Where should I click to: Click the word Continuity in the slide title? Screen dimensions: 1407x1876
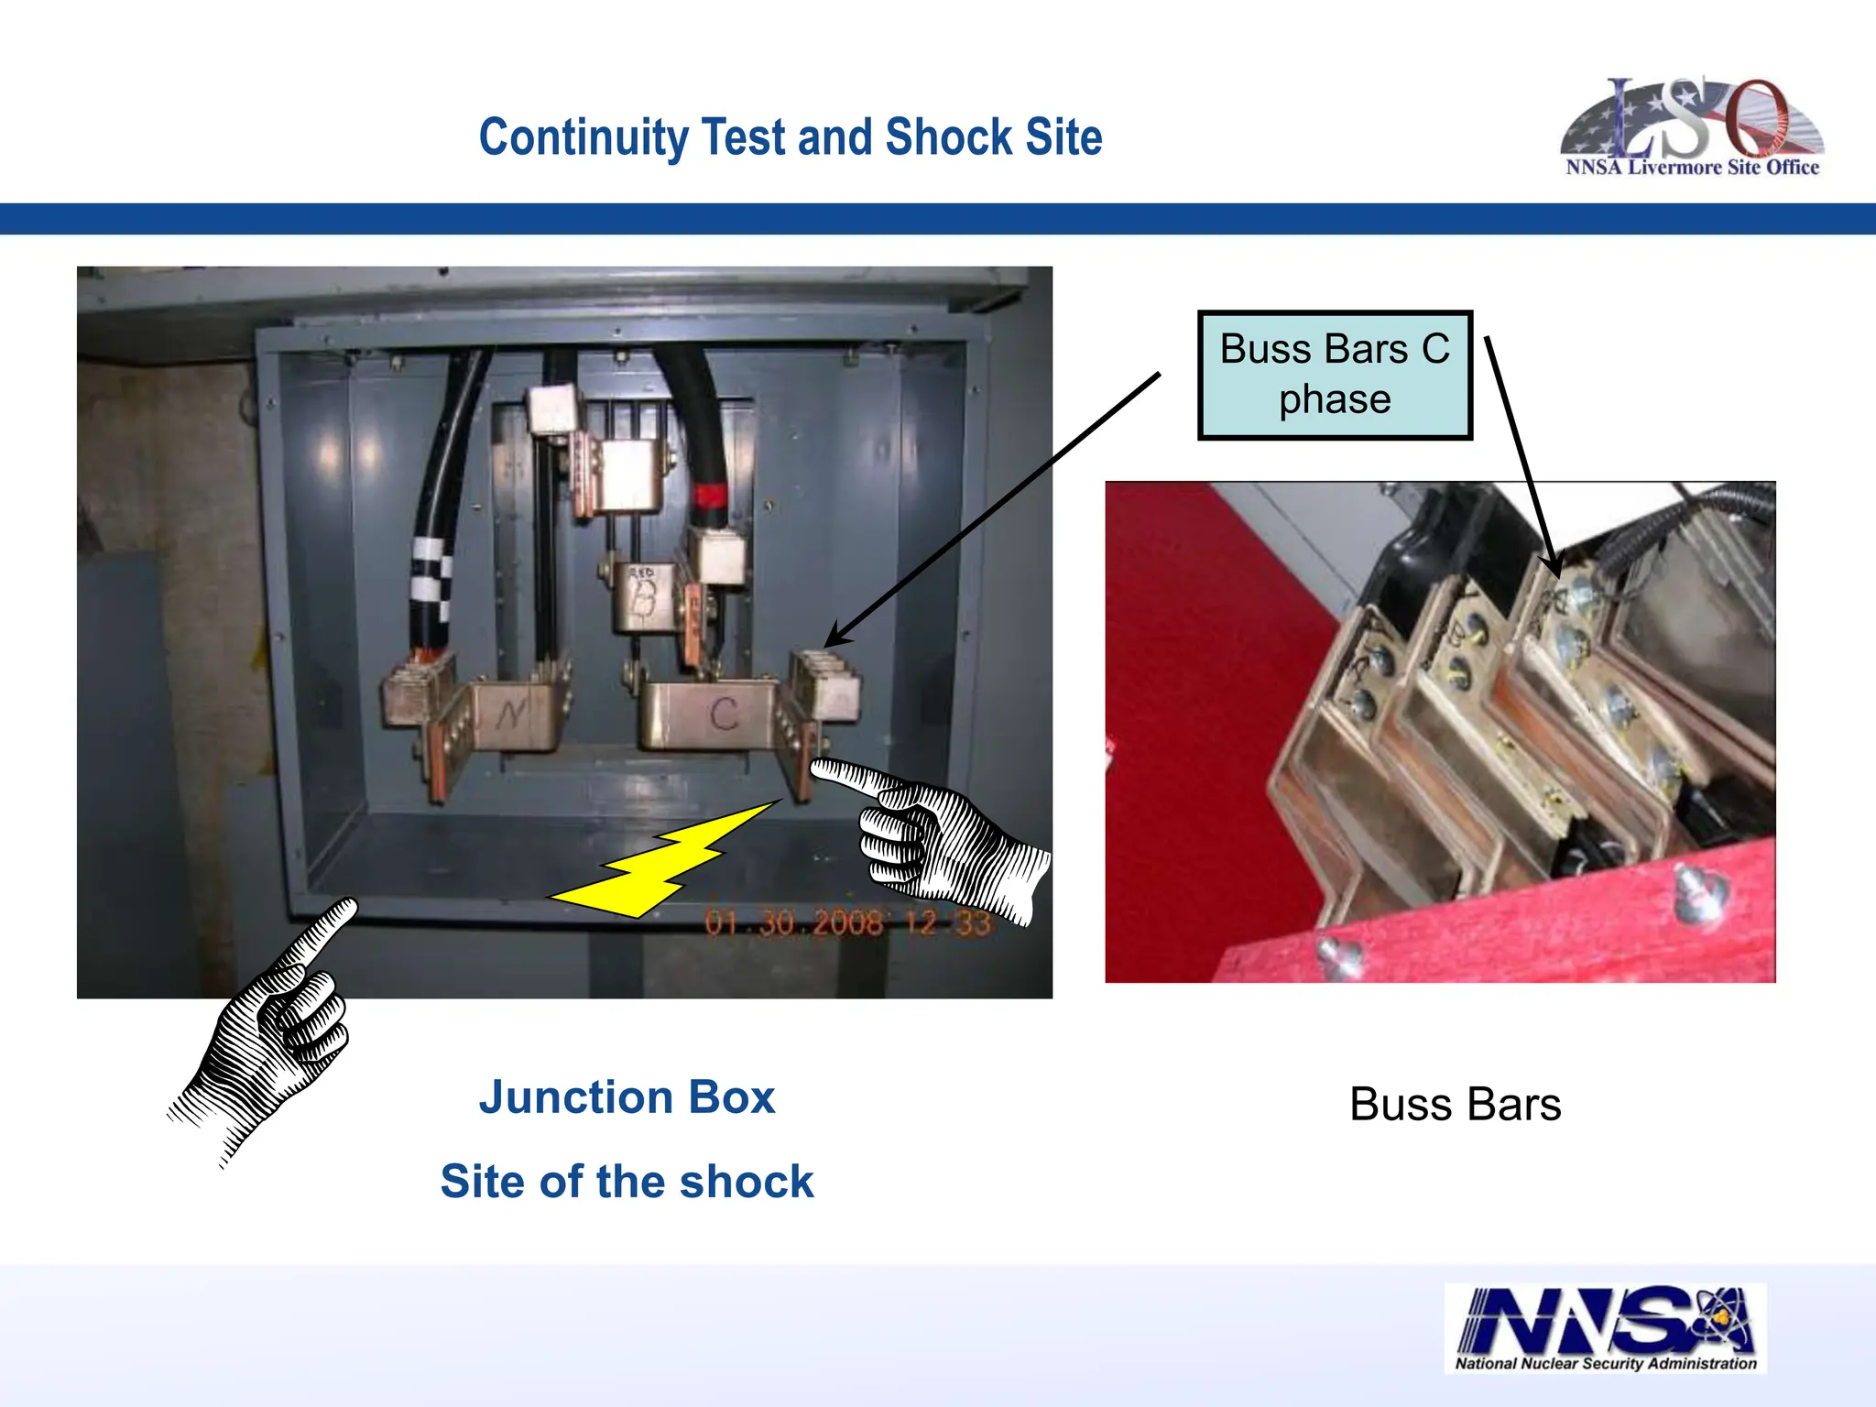(x=584, y=138)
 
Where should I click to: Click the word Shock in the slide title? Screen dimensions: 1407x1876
(x=948, y=138)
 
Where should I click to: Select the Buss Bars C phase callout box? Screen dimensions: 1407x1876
(x=1335, y=375)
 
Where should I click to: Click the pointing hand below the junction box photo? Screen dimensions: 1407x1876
(x=270, y=1026)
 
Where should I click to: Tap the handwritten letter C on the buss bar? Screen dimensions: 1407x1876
(x=724, y=714)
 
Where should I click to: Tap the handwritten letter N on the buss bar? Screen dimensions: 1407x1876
(x=510, y=714)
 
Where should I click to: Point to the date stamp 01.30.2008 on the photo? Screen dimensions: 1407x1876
(x=793, y=922)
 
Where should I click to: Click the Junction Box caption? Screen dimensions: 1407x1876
(x=627, y=1097)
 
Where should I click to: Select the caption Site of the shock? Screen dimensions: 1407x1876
(x=627, y=1182)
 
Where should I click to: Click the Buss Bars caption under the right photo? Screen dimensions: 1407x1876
(x=1455, y=1105)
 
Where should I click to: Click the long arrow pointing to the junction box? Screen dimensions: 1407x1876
(x=994, y=508)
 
